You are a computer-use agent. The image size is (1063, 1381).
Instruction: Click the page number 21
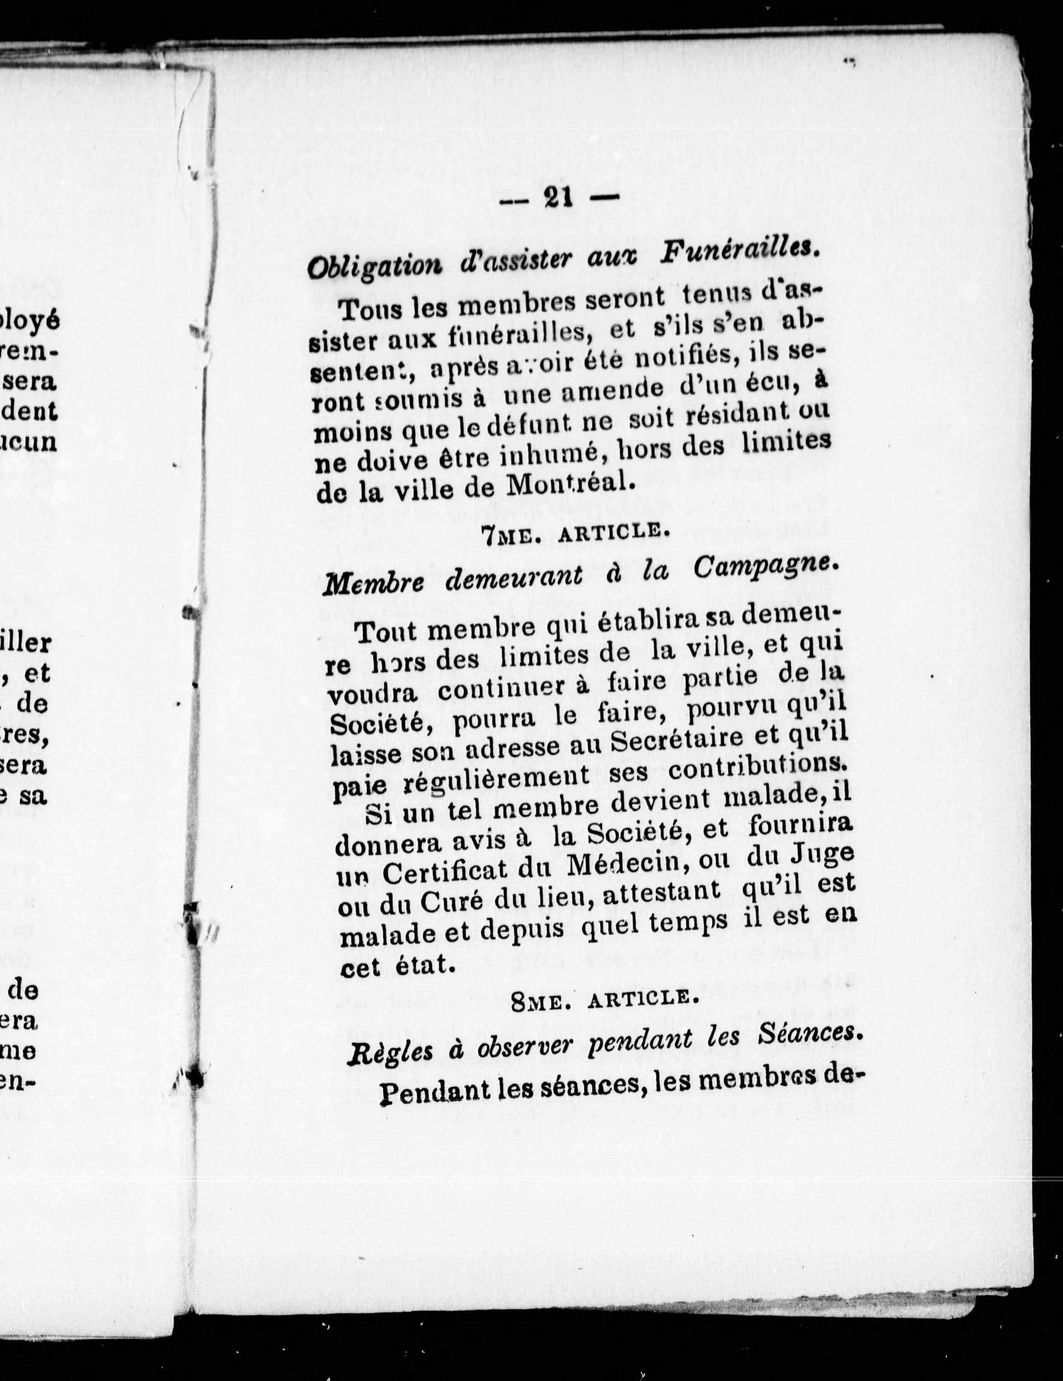[x=558, y=198]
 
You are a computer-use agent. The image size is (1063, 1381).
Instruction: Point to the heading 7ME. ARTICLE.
[x=574, y=533]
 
